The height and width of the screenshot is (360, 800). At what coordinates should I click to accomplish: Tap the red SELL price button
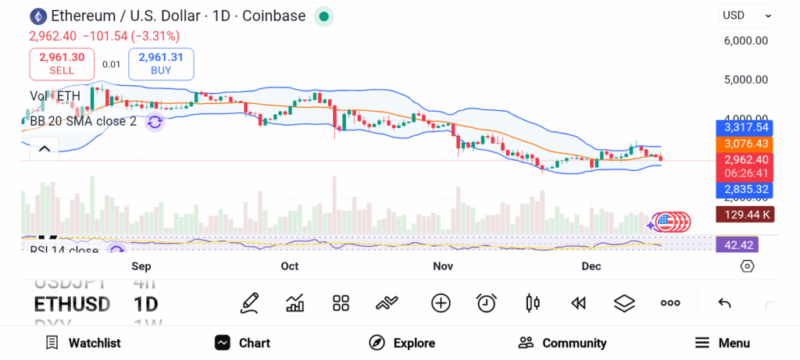coord(62,63)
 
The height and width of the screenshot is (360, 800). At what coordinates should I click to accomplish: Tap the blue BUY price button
coord(161,63)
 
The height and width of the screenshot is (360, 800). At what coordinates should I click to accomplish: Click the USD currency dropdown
coord(746,15)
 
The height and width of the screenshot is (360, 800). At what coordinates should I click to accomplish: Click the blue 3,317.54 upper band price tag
coord(745,127)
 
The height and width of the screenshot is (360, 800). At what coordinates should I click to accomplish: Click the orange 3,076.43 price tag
coord(745,144)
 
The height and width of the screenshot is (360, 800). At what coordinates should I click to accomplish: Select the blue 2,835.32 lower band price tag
coord(745,189)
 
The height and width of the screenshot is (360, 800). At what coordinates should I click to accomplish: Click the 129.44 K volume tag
coord(745,214)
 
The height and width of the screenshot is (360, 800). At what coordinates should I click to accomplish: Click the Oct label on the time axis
coord(290,266)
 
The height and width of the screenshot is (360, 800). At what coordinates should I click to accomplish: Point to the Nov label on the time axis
coord(443,266)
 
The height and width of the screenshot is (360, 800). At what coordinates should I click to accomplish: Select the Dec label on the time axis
coord(591,266)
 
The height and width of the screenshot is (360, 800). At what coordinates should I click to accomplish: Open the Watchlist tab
coord(83,343)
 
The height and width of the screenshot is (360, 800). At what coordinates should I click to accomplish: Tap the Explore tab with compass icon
coord(402,343)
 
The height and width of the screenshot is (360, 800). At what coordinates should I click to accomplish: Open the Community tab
coord(562,343)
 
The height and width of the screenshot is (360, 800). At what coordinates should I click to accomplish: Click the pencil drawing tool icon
coord(249,303)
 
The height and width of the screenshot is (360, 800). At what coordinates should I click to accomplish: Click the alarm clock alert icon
coord(487,303)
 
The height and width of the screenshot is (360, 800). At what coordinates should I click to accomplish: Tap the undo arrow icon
coord(724,303)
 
